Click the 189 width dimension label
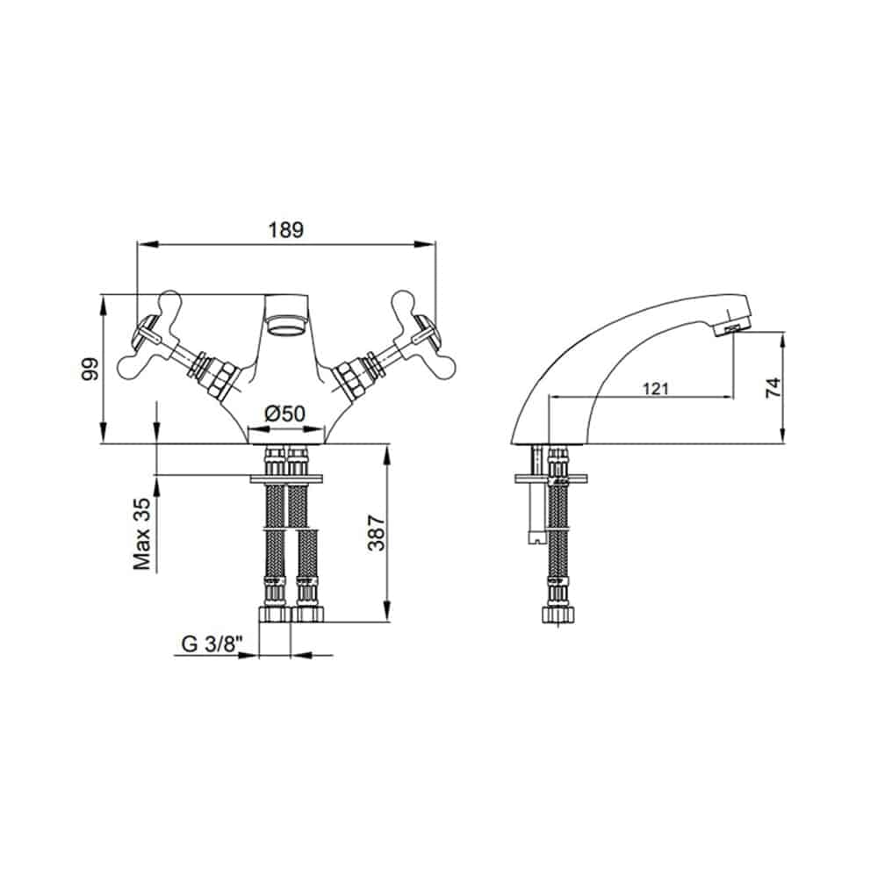286,229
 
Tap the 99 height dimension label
90,369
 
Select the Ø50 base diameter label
285,414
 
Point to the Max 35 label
141,534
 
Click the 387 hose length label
377,533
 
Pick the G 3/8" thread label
212,644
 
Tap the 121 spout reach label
655,388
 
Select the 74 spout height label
773,387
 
